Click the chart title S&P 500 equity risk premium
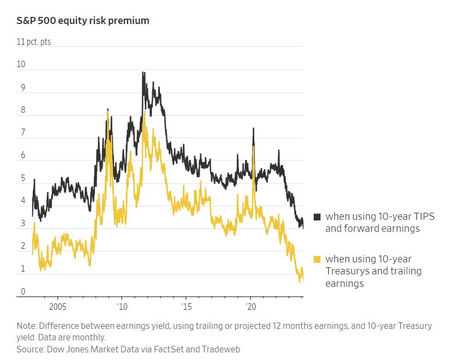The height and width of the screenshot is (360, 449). tap(83, 21)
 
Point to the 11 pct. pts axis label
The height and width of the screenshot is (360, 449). tap(34, 41)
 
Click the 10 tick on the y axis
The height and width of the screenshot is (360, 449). tap(21, 64)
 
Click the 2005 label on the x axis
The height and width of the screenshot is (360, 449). tap(57, 306)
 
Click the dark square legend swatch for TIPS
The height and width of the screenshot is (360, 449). tap(318, 217)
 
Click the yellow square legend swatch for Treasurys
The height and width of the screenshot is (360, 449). tap(318, 259)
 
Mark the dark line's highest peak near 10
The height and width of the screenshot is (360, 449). tap(143, 72)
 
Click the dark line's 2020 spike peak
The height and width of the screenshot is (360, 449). tap(253, 129)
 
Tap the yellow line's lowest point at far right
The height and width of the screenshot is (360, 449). tap(300, 281)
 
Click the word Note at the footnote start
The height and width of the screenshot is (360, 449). tap(26, 326)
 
